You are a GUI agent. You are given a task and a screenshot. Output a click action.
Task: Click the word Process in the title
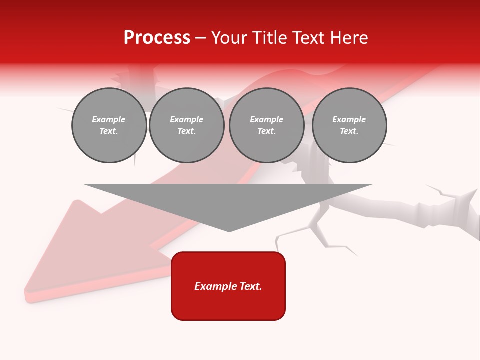coord(157,38)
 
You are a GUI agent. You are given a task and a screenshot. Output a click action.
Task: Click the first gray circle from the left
coord(109,125)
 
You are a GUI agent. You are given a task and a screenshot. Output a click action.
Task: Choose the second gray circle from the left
coord(186,125)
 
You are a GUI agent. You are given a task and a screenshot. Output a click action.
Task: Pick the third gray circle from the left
coord(266,125)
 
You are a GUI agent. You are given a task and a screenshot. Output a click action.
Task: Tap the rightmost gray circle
coord(349,125)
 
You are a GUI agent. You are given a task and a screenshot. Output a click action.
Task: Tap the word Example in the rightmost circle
coord(349,119)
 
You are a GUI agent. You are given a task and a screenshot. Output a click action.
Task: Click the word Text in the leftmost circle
coord(109,131)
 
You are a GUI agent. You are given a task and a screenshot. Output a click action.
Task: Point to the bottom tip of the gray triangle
coord(229,231)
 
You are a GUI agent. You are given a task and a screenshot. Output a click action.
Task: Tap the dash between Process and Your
coord(200,38)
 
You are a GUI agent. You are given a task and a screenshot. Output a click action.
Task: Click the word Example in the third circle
coord(266,119)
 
